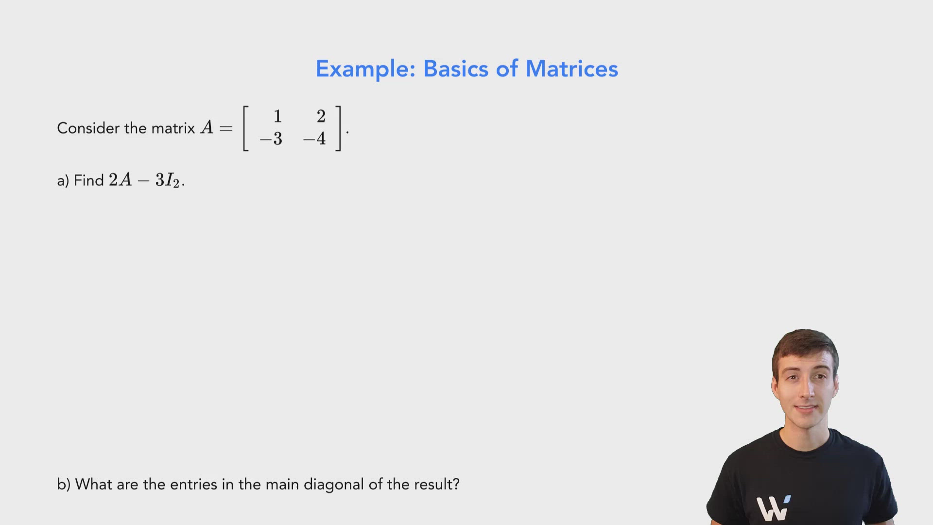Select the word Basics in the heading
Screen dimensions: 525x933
[x=455, y=69]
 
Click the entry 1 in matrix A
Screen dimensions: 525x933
[x=277, y=117]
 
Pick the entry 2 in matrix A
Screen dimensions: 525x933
[x=321, y=117]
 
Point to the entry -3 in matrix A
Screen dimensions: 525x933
[x=271, y=139]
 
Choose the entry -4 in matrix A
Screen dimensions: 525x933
[x=314, y=139]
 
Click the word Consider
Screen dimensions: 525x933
[x=88, y=128]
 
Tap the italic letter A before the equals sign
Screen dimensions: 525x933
[x=207, y=128]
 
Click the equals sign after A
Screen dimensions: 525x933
[x=226, y=129]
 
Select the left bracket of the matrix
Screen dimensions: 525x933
[x=245, y=128]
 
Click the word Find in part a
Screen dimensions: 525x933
[x=89, y=180]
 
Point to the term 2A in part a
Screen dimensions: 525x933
[x=120, y=180]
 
